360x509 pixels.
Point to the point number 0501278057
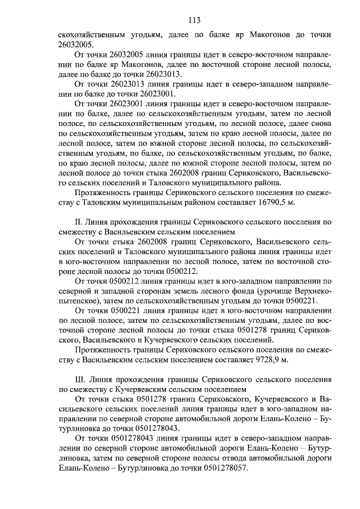click(x=219, y=469)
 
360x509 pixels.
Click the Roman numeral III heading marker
click(x=80, y=380)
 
